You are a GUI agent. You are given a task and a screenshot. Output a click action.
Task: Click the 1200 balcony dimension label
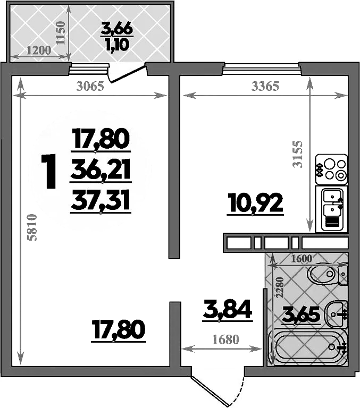point(38,51)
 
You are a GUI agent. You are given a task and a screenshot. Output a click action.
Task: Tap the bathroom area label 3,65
point(300,314)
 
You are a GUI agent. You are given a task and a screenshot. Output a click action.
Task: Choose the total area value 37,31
point(101,200)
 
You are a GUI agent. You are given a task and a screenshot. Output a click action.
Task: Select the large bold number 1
point(49,171)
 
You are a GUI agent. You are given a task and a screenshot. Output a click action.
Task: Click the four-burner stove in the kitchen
point(331,169)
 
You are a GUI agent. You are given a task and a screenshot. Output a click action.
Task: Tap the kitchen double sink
point(331,209)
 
